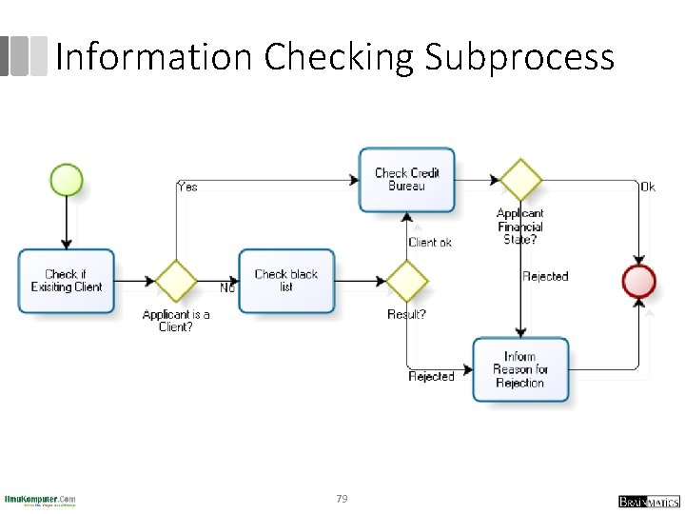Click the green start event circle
coord(67,180)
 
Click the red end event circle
coord(638,282)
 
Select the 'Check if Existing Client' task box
coord(66,281)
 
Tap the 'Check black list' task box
coord(286,281)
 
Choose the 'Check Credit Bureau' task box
coord(407,179)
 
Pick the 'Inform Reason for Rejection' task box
coord(520,369)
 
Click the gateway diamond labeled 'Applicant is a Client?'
coord(176,281)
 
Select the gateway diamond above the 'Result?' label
coord(407,281)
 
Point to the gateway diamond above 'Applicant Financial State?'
coord(520,180)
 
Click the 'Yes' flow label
coord(187,187)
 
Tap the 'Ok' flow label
coord(647,188)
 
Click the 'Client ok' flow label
coord(430,243)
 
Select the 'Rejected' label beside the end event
coord(545,276)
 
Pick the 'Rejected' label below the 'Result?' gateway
coord(431,377)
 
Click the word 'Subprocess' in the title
coord(519,58)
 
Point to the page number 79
coord(342,499)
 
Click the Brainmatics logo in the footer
coord(648,501)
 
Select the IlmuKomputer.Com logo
coord(40,501)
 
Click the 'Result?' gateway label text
coord(406,314)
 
